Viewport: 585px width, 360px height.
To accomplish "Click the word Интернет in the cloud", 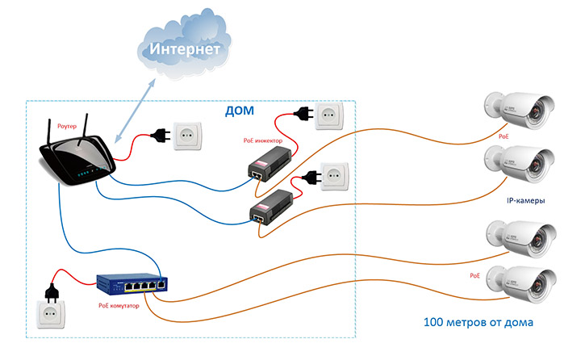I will (183, 51).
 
